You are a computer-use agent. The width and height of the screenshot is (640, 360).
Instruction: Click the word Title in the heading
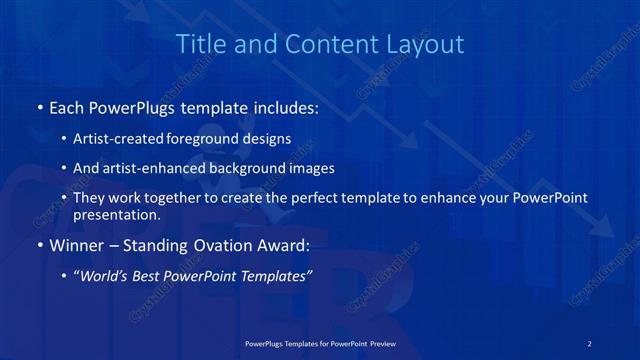click(x=199, y=44)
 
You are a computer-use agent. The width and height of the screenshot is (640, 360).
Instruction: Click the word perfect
click(x=312, y=198)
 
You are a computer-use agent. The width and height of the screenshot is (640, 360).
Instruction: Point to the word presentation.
click(x=116, y=214)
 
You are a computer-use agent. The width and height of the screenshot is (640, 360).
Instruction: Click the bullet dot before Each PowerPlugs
click(x=39, y=106)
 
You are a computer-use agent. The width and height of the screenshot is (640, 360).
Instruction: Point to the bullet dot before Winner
click(x=39, y=244)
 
